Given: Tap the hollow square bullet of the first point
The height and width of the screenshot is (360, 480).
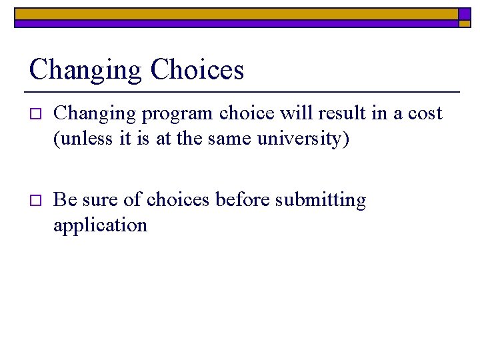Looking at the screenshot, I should pyautogui.click(x=36, y=115).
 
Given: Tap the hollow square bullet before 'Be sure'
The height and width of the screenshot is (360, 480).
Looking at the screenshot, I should pyautogui.click(x=36, y=200).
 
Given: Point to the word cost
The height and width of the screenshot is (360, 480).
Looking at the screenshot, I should pyautogui.click(x=425, y=114).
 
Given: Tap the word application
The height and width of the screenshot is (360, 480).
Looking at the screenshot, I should pyautogui.click(x=100, y=225).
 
